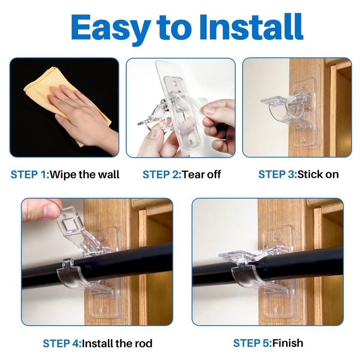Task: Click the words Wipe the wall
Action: point(85,175)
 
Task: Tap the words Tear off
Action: point(201,175)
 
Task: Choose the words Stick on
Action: point(318,174)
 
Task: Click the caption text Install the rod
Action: point(117,344)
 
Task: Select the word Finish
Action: point(288,343)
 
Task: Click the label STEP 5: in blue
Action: point(252,343)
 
